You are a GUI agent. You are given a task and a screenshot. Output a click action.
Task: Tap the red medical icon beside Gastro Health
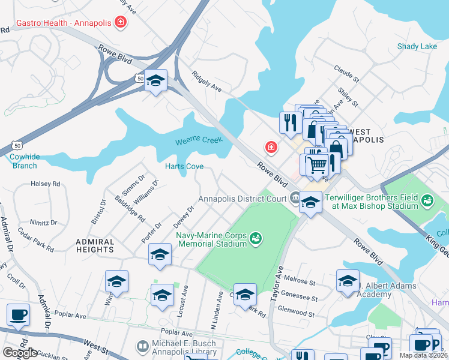click(x=121, y=23)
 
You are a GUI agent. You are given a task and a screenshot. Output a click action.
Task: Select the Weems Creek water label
click(x=199, y=142)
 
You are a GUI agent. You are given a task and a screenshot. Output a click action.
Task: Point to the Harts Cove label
click(x=184, y=166)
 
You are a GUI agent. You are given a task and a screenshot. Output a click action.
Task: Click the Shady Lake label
click(x=417, y=47)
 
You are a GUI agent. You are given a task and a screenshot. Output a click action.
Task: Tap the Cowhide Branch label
click(x=24, y=161)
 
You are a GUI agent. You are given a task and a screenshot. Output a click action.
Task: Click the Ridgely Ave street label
click(x=207, y=82)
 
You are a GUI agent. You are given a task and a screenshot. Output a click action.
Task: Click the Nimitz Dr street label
click(x=45, y=222)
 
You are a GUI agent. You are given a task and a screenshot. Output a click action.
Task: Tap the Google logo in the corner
click(x=20, y=353)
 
